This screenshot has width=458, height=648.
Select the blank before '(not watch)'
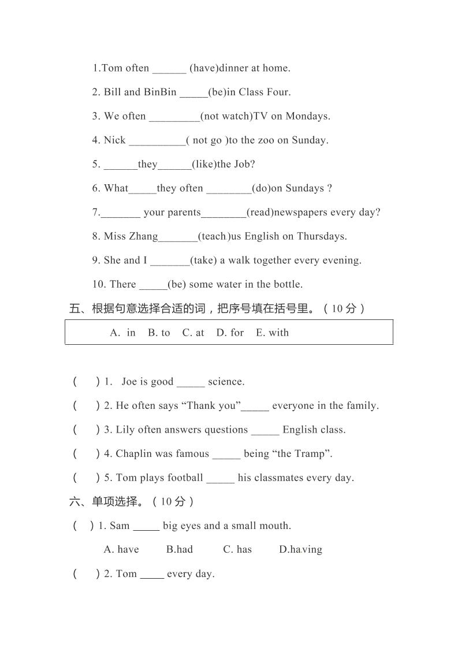[174, 117]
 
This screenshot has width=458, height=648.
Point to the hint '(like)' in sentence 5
[204, 165]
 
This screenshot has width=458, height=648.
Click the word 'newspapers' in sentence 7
[300, 213]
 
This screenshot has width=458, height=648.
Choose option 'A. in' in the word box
[122, 333]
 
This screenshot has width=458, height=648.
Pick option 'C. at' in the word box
[193, 333]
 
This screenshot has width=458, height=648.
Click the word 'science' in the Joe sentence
[226, 382]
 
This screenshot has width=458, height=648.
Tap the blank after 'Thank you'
[255, 406]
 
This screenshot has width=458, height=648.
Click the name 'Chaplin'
[133, 454]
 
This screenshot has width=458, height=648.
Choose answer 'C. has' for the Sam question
[237, 550]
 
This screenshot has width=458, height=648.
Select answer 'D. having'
[300, 550]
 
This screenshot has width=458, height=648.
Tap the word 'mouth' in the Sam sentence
[275, 526]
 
